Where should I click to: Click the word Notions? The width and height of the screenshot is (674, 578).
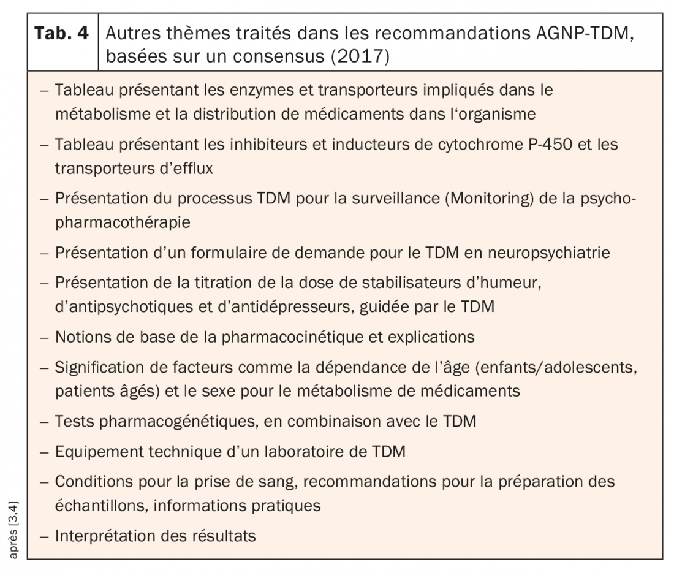click(x=80, y=337)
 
